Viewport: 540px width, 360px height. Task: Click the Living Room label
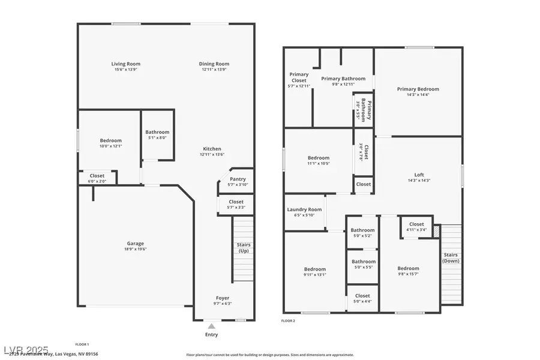[125, 64]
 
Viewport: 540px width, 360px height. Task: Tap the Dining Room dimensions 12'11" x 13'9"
[214, 70]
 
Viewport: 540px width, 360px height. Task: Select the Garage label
[135, 244]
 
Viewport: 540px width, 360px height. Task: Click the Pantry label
[237, 179]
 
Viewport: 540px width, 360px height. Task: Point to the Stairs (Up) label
[243, 247]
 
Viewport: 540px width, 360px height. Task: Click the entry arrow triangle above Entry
[211, 326]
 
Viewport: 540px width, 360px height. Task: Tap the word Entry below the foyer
[211, 334]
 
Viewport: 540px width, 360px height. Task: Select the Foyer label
[222, 298]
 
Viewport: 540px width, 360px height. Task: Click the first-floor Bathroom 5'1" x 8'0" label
[157, 132]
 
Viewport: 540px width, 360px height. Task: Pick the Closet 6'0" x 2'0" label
[96, 176]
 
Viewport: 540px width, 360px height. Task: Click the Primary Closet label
[299, 77]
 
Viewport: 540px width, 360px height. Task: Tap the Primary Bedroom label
[418, 89]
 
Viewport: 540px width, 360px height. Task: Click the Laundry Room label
[304, 209]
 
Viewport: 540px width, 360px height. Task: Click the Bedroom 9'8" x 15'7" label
[408, 268]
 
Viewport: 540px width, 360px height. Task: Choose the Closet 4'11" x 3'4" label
[416, 224]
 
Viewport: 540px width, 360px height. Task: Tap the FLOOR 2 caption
[288, 321]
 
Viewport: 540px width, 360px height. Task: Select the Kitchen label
[212, 149]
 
